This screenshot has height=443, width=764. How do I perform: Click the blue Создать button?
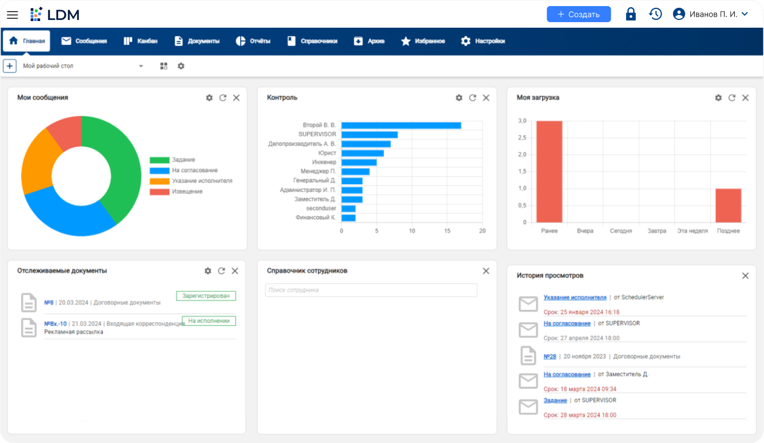pyautogui.click(x=579, y=14)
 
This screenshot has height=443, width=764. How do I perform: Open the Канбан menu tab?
pyautogui.click(x=141, y=41)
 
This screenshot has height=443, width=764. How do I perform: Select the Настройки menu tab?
pyautogui.click(x=483, y=41)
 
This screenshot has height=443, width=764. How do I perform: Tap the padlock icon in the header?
pyautogui.click(x=631, y=14)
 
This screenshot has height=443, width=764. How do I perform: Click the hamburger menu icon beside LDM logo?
pyautogui.click(x=12, y=14)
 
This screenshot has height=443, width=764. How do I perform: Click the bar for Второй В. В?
pyautogui.click(x=401, y=126)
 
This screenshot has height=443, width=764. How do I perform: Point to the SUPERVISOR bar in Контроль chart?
pyautogui.click(x=370, y=135)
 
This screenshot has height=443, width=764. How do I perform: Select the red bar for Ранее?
pyautogui.click(x=549, y=172)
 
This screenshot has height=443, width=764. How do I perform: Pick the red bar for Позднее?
pyautogui.click(x=728, y=205)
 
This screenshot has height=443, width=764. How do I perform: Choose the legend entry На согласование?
pyautogui.click(x=194, y=171)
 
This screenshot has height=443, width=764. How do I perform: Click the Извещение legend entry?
pyautogui.click(x=187, y=192)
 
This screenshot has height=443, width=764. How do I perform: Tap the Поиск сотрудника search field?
pyautogui.click(x=371, y=290)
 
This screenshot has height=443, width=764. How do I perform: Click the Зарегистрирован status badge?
pyautogui.click(x=206, y=296)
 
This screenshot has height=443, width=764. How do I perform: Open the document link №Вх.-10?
pyautogui.click(x=55, y=324)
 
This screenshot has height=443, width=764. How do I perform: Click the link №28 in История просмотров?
pyautogui.click(x=550, y=357)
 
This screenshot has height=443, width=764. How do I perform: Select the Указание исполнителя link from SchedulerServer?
pyautogui.click(x=575, y=297)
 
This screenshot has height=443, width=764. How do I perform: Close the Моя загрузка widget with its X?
pyautogui.click(x=745, y=98)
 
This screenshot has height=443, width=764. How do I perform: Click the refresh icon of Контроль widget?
pyautogui.click(x=472, y=98)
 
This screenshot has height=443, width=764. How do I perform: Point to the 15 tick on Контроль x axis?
pyautogui.click(x=447, y=231)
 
